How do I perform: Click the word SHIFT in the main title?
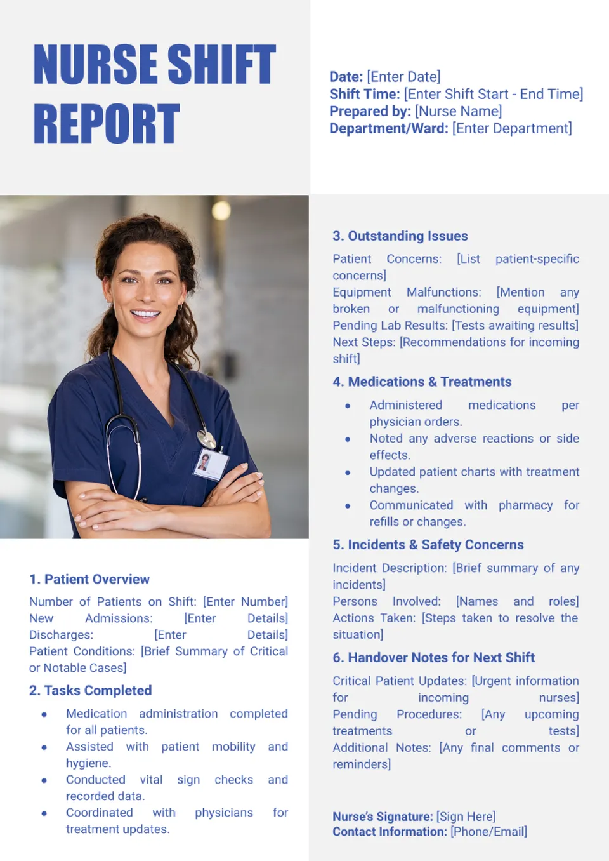coord(221,64)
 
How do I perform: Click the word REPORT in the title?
coord(107,124)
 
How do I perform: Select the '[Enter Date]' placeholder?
coord(403,77)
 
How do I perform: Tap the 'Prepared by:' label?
coord(370,111)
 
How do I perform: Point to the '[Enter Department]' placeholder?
coord(512,128)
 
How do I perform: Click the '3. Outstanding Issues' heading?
coord(400,236)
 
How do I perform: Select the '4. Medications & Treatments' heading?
coord(422,382)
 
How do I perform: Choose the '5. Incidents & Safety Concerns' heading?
coord(428,545)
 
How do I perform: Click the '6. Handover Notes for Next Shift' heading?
coord(434,657)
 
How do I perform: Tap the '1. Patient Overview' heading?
coord(89,579)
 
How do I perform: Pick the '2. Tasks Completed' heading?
coord(90,690)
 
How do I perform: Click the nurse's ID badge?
coord(209,463)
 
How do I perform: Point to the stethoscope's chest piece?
coord(206,439)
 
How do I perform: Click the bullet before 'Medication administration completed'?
coord(44,714)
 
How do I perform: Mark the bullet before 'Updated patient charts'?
coord(348,472)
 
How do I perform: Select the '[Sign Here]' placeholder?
coord(466,817)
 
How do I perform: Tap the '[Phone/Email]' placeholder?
coord(488,832)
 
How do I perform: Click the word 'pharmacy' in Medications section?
coord(525,505)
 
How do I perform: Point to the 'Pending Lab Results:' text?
coord(390,326)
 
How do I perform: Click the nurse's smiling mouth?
coord(145,313)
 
